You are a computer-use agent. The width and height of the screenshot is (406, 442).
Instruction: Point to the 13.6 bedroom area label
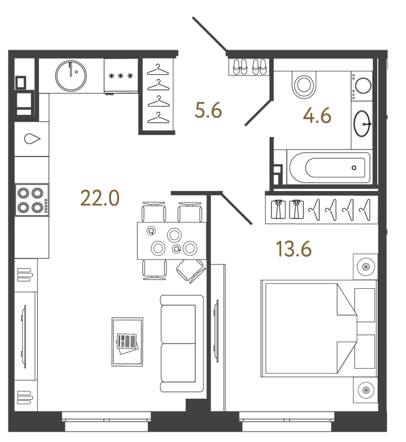[294, 248]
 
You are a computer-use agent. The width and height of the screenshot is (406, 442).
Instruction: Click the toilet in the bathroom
[304, 85]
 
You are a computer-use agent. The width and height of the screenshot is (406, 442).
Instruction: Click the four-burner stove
[31, 200]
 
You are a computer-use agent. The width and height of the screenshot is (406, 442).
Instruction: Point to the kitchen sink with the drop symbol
[32, 138]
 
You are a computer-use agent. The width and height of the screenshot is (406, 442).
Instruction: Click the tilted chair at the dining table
[190, 271]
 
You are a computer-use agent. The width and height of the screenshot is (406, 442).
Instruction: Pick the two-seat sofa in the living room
[181, 343]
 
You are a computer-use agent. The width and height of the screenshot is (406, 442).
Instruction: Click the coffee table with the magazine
[127, 342]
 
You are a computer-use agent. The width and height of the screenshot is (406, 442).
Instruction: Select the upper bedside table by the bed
[365, 266]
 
